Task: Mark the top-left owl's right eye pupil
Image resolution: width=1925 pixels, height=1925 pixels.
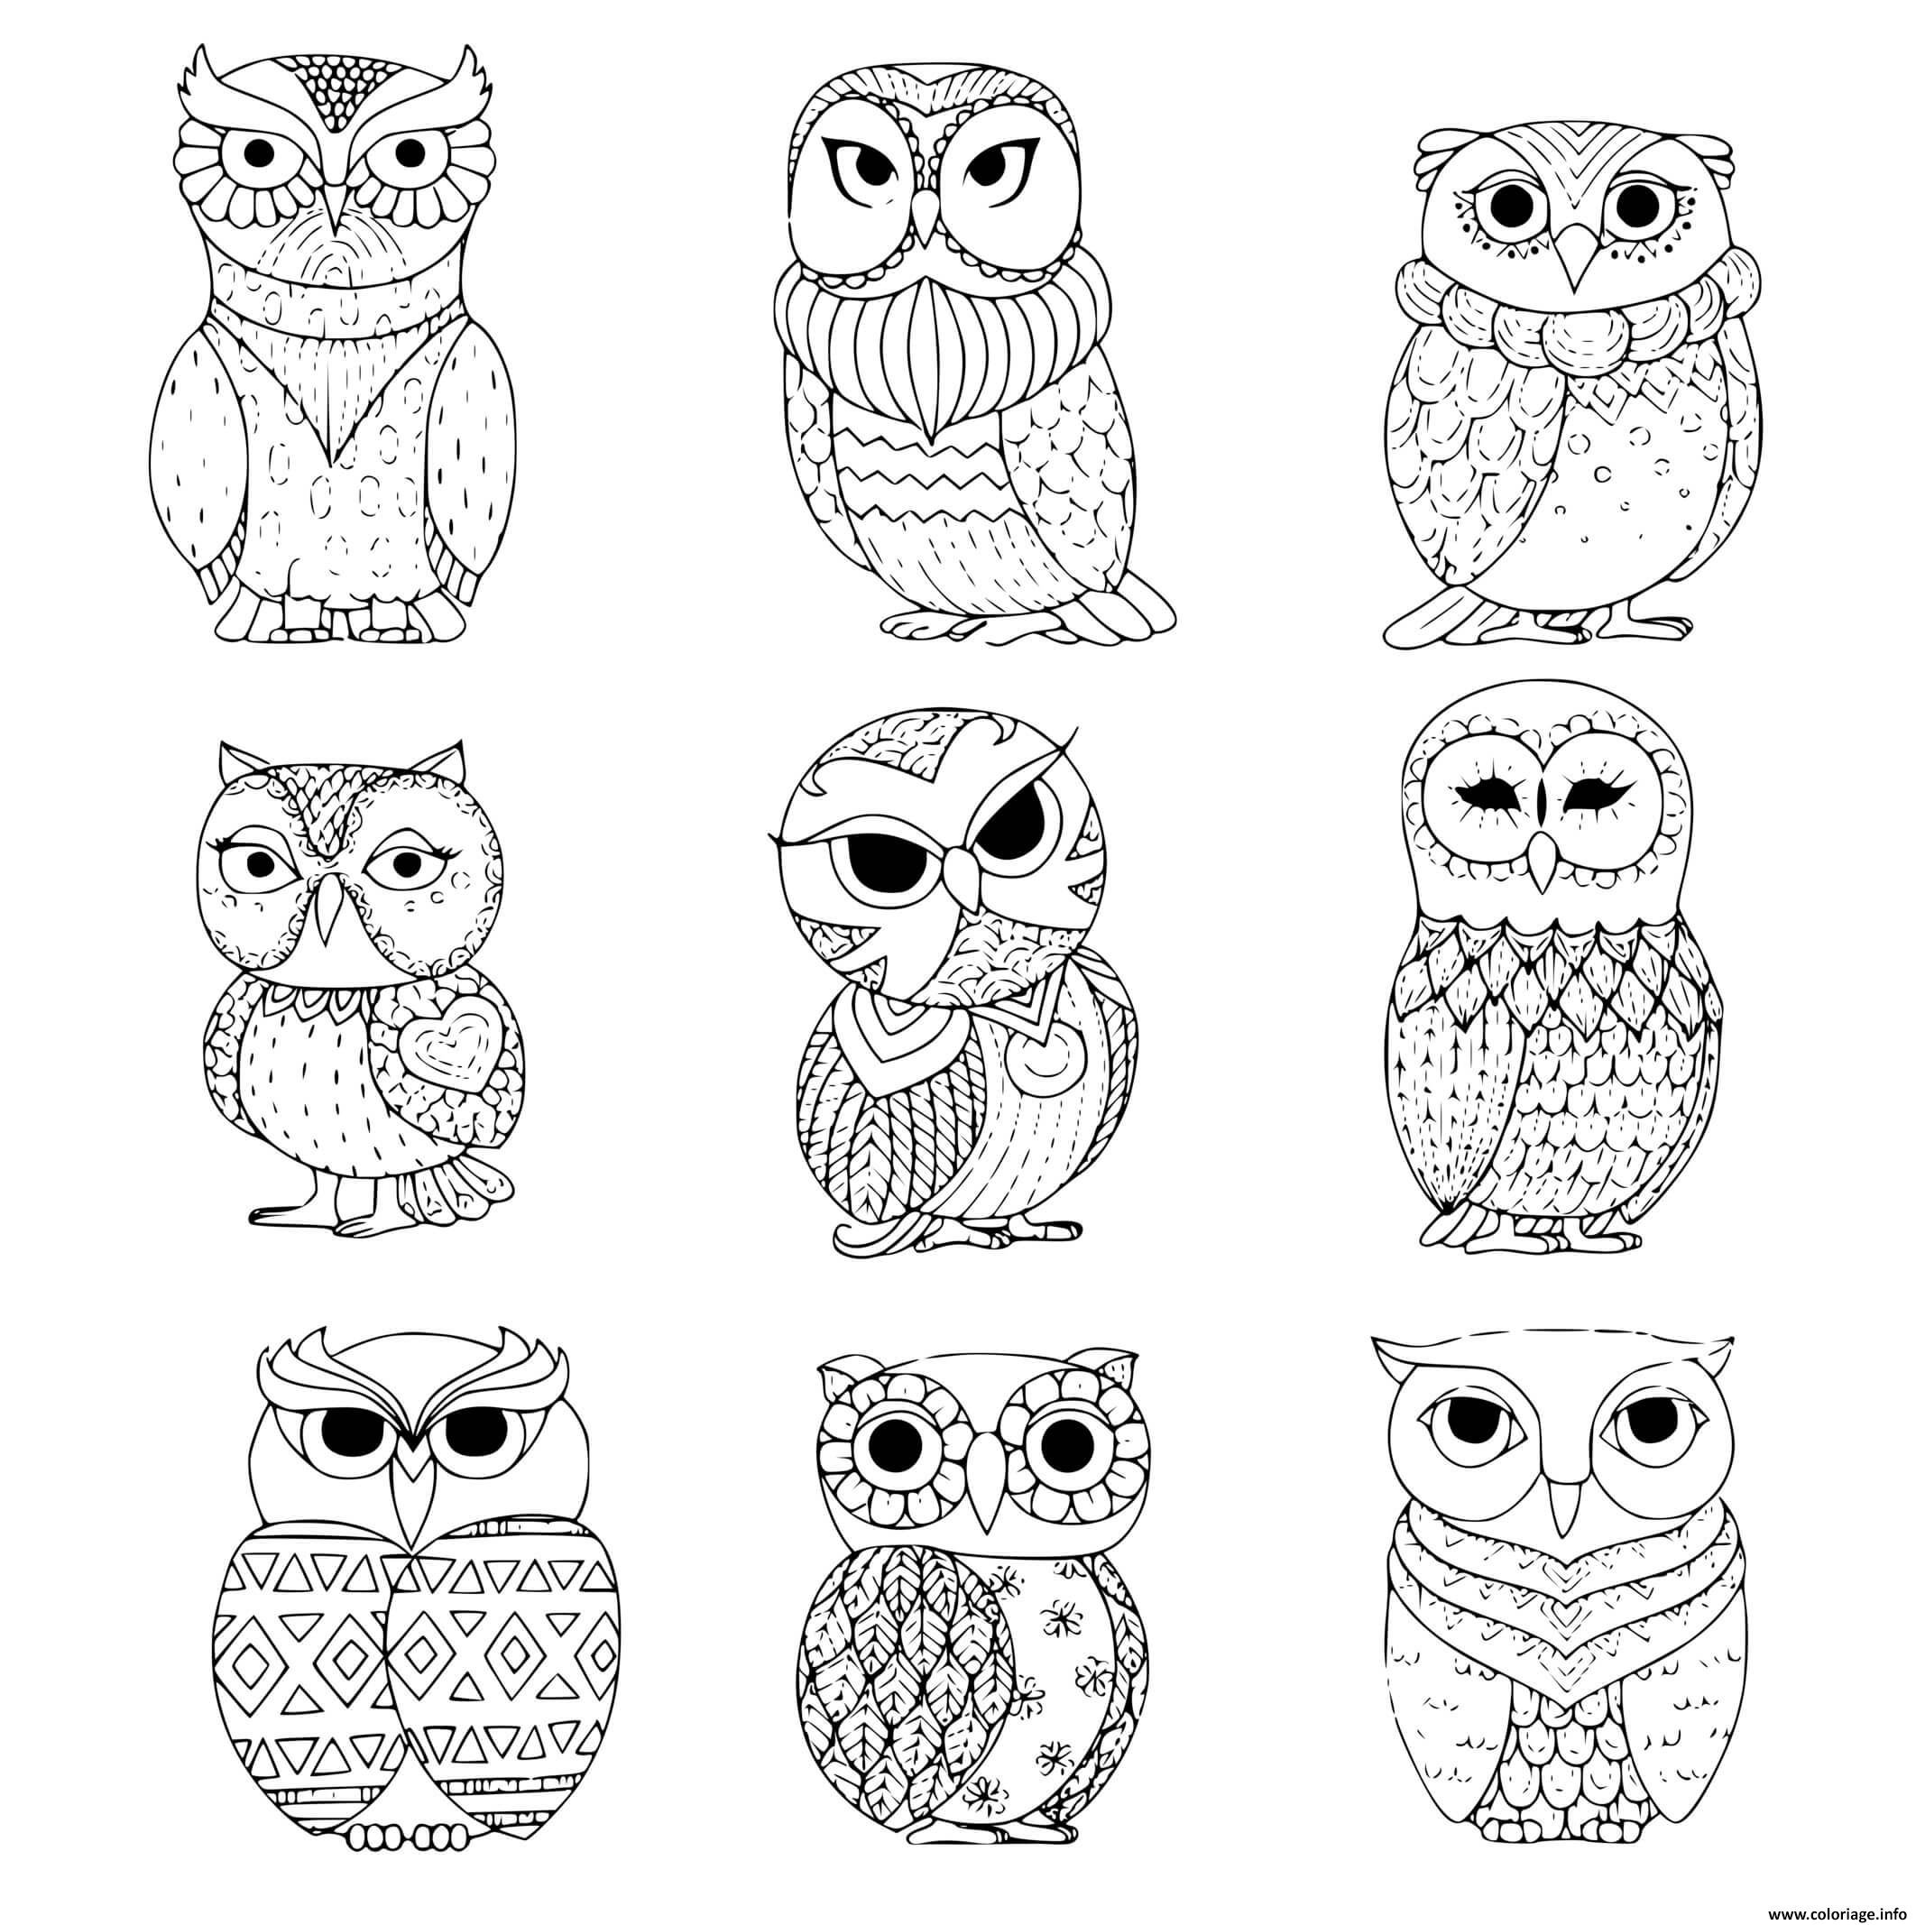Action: (410, 152)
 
